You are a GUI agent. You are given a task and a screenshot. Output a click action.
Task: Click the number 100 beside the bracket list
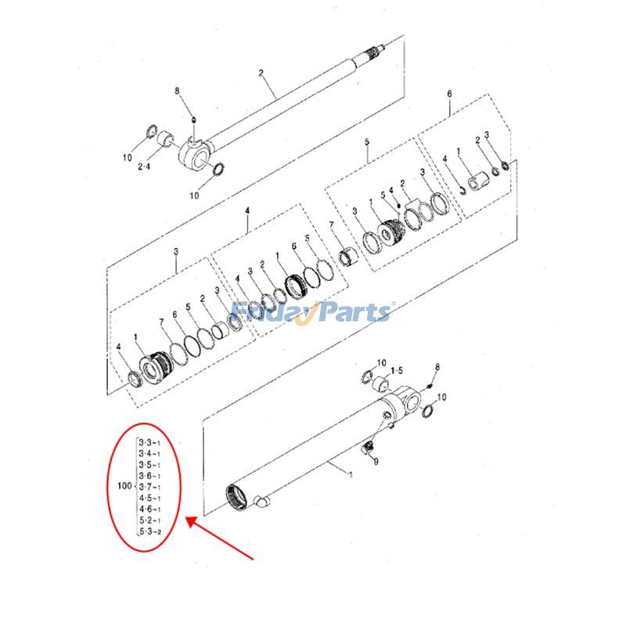coord(123,487)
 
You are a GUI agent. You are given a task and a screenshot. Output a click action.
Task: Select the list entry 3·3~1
coord(149,443)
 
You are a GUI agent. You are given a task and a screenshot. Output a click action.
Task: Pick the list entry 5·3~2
coord(149,532)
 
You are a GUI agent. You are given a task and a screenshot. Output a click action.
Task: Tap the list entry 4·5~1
coord(149,498)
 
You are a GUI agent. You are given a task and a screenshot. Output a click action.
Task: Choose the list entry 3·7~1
coord(149,487)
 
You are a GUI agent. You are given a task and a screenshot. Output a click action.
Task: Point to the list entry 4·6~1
coord(149,509)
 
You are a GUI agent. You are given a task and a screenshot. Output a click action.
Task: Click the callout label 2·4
coord(146,167)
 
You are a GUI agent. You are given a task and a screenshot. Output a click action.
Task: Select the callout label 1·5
coord(397,370)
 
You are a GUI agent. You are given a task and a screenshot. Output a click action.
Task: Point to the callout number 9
coord(376,462)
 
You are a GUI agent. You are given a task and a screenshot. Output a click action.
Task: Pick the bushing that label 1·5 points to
coord(380,383)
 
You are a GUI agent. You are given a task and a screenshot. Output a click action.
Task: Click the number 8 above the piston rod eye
coord(178,92)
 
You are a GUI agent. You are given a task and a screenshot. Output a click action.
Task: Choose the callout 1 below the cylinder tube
coord(351,474)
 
